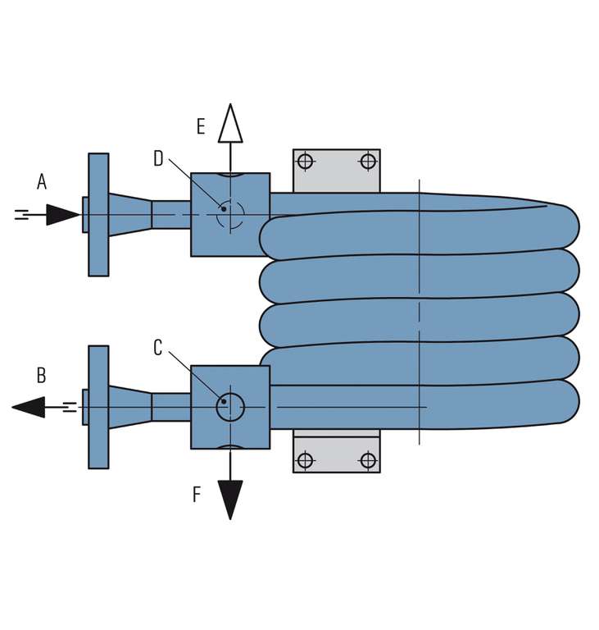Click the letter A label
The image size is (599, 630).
tap(42, 182)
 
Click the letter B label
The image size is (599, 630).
tap(41, 376)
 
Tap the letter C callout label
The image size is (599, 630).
tap(158, 348)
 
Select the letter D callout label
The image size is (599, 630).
tap(158, 159)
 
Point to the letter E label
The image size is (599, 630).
tap(201, 126)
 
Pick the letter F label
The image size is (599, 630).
tap(197, 495)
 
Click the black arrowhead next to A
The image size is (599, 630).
tap(62, 215)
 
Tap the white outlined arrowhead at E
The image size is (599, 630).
tap(230, 124)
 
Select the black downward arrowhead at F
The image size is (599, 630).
tap(230, 499)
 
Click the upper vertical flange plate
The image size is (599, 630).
tap(98, 215)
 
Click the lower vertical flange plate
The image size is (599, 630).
tap(98, 407)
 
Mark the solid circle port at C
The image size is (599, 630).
tap(230, 407)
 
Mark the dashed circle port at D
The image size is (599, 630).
tap(230, 215)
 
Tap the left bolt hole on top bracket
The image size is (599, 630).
tap(306, 161)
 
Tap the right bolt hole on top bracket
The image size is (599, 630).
tap(368, 161)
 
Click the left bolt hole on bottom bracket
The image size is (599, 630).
tap(306, 460)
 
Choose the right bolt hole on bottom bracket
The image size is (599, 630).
tap(368, 460)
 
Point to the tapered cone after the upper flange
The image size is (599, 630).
tap(129, 215)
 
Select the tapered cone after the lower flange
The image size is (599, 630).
tap(129, 407)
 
